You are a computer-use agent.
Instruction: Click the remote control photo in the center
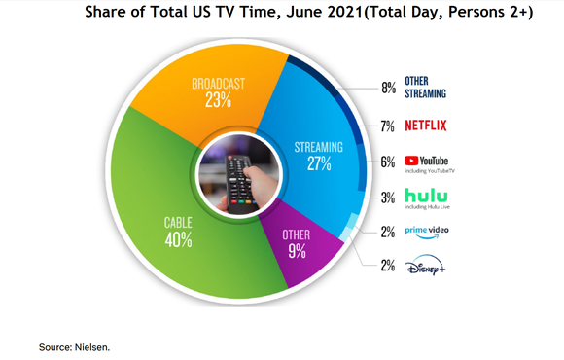(x=238, y=172)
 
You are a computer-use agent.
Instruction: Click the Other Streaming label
(x=427, y=88)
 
